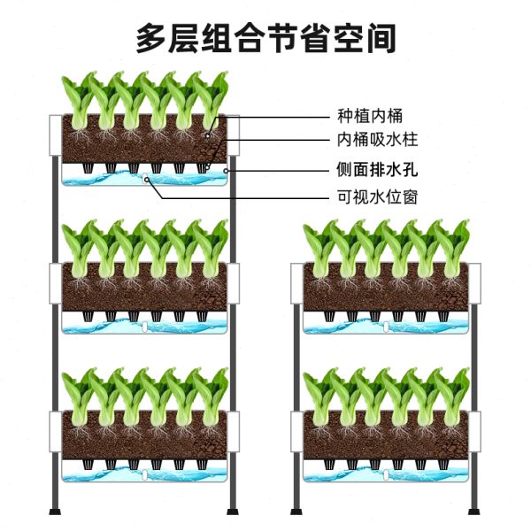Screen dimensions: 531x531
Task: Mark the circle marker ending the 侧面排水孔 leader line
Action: (227, 170)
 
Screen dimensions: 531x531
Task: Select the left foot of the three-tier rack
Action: (55, 509)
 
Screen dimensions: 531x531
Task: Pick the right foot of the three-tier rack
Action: (234, 509)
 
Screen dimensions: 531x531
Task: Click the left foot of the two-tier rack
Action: (297, 509)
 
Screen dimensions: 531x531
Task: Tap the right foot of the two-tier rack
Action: (475, 509)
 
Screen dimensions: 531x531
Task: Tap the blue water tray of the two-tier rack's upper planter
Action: (386, 326)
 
